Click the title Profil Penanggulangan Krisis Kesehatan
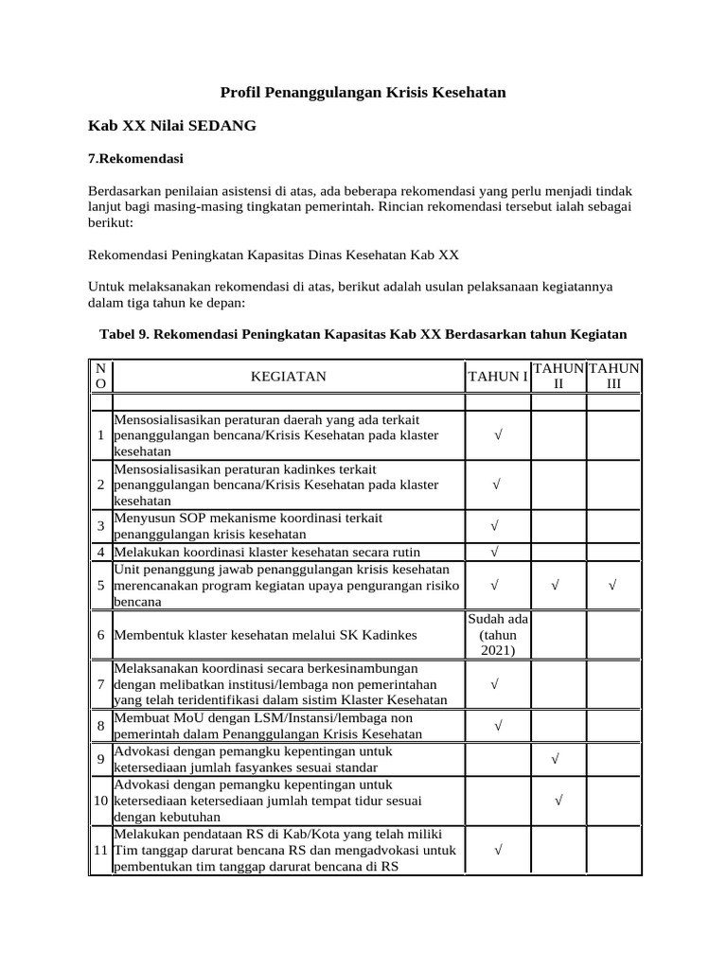(363, 92)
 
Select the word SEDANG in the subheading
(222, 125)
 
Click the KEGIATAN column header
(288, 377)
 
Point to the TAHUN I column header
(497, 377)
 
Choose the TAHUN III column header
(613, 377)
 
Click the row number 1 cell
(99, 435)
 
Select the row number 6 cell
(99, 634)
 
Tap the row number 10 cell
(99, 801)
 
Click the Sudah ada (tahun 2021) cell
(497, 634)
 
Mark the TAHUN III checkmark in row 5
(613, 586)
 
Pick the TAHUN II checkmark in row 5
(555, 586)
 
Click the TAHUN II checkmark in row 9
(555, 759)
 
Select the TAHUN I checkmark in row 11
(497, 851)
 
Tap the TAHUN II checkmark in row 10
(559, 801)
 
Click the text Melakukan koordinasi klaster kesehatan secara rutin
(267, 552)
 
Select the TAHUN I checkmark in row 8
(497, 726)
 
